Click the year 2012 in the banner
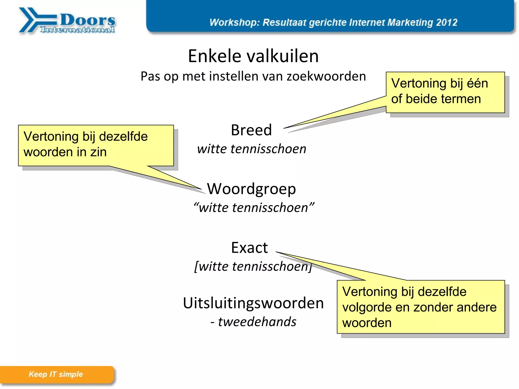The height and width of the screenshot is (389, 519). pos(447,23)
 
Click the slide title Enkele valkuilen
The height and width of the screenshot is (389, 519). pos(253,56)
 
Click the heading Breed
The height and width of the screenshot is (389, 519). pos(251,130)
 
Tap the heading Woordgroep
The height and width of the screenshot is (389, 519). pos(251,189)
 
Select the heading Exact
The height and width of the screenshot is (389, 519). pos(249,248)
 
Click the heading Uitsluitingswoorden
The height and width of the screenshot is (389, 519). pos(253,303)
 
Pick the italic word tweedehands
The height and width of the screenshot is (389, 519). pos(257,322)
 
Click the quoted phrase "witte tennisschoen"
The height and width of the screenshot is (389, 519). pos(254,207)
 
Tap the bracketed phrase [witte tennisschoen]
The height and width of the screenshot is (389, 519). pos(253,266)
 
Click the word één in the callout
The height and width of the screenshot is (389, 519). pos(477,83)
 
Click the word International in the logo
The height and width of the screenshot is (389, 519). pos(77,30)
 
